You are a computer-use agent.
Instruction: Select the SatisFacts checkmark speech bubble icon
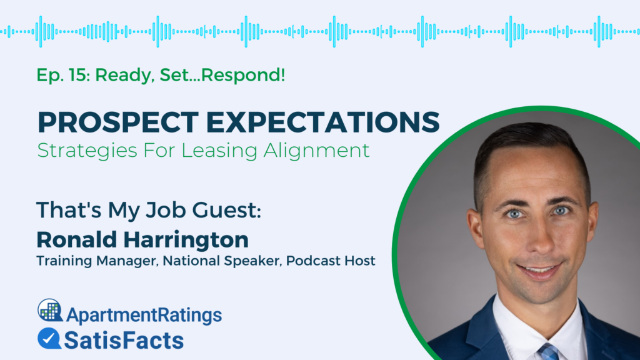(49, 338)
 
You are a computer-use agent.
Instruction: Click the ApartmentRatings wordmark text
(143, 314)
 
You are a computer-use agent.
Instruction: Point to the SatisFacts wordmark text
(124, 340)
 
